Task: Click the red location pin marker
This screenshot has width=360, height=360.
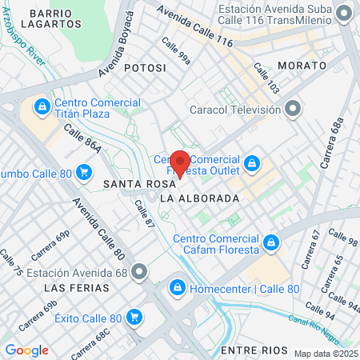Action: pyautogui.click(x=180, y=162)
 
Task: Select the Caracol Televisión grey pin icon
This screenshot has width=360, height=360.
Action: pyautogui.click(x=294, y=107)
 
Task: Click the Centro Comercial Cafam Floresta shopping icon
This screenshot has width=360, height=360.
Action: pyautogui.click(x=271, y=241)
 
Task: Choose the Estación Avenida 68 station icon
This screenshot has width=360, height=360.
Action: pyautogui.click(x=140, y=272)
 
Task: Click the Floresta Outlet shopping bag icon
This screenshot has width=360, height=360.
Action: pyautogui.click(x=252, y=164)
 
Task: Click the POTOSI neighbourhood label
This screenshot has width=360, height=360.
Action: pyautogui.click(x=146, y=69)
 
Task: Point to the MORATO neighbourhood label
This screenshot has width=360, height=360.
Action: pyautogui.click(x=302, y=64)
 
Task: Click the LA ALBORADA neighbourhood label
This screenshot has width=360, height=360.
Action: pyautogui.click(x=199, y=198)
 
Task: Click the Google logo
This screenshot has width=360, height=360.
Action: pyautogui.click(x=26, y=350)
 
